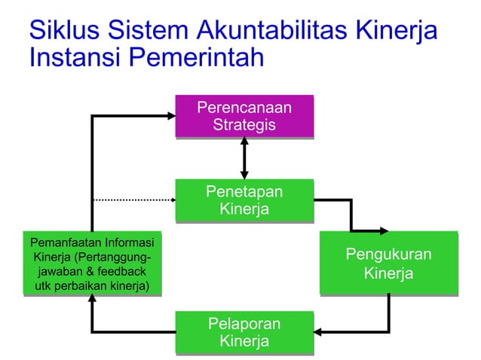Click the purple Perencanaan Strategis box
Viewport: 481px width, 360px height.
click(244, 116)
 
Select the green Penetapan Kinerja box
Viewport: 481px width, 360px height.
click(244, 200)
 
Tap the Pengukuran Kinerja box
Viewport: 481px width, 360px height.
click(388, 263)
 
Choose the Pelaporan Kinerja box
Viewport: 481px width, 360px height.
click(244, 332)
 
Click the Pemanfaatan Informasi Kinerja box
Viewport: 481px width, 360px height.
click(92, 264)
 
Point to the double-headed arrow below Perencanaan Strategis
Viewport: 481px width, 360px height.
click(244, 158)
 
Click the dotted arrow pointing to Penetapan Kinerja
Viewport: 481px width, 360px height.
click(133, 200)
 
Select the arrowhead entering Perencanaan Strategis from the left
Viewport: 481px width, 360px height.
click(170, 116)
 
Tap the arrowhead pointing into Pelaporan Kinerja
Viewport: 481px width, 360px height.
click(319, 331)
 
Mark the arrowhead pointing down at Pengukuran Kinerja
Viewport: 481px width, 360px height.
click(381, 230)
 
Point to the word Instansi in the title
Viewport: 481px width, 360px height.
click(72, 57)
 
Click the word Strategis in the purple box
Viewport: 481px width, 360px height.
click(244, 125)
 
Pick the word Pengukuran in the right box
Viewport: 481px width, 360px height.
click(388, 255)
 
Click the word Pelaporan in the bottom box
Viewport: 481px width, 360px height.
click(244, 324)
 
